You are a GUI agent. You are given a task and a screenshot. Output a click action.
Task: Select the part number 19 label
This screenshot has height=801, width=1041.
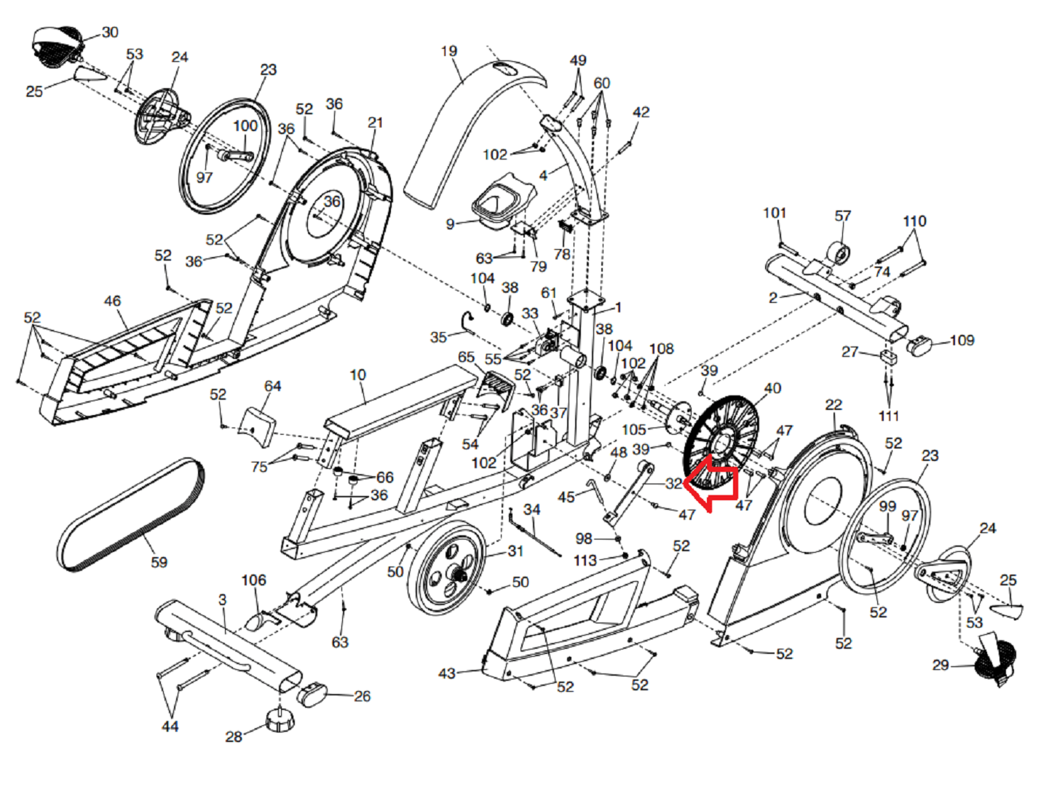449,51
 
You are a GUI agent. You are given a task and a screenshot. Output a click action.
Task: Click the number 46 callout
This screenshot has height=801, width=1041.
112,301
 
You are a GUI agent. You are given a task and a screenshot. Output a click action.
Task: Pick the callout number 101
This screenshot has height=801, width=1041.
775,213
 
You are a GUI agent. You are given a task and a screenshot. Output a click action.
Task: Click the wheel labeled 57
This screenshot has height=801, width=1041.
838,253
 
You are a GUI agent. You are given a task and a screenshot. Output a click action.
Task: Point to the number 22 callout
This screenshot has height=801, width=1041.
834,404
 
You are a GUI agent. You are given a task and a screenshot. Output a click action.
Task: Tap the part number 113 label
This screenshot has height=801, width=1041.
585,560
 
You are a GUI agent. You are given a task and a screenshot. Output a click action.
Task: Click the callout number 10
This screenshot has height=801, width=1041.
357,374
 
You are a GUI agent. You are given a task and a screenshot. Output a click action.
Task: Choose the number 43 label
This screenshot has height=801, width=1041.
447,674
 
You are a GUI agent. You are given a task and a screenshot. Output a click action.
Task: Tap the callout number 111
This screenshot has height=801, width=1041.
889,416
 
